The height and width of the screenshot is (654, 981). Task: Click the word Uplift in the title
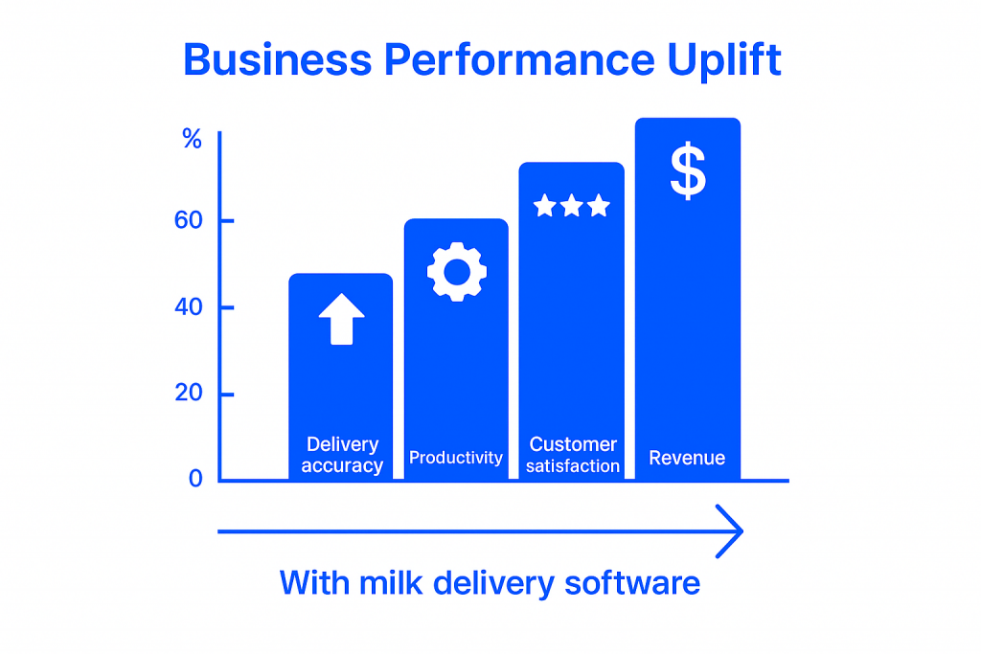point(724,60)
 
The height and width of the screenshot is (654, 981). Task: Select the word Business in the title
point(278,60)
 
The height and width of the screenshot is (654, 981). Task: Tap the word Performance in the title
point(519,60)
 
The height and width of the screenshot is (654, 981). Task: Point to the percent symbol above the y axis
point(192,138)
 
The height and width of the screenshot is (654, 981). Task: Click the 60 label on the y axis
point(189,220)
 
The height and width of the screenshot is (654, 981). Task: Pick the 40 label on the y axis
point(189,307)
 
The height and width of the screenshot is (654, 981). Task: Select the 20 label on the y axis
point(189,393)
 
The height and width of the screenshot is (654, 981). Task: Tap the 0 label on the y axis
point(195,479)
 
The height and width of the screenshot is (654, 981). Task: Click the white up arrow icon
point(342,319)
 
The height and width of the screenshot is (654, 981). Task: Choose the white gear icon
point(457,272)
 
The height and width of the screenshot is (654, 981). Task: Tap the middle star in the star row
point(572,205)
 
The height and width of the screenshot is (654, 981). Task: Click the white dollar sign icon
point(688,170)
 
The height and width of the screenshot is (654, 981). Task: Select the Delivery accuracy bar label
point(342,455)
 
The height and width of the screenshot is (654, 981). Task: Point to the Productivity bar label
point(456,458)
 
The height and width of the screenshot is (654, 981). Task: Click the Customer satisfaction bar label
point(573,455)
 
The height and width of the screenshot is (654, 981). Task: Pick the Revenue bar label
point(687,458)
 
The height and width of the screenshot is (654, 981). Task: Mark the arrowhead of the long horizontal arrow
point(742,531)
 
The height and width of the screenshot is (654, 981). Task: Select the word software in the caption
point(632,583)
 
